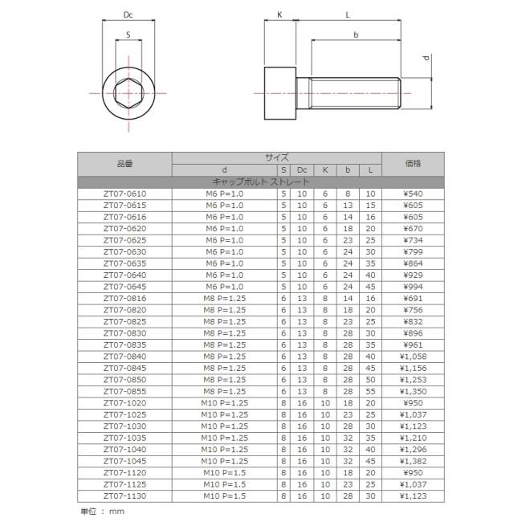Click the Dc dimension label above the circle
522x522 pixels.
click(x=128, y=14)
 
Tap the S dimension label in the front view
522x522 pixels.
click(x=128, y=35)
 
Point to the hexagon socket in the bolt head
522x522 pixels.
click(x=128, y=93)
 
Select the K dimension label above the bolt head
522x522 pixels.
click(x=279, y=14)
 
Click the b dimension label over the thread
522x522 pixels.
click(x=356, y=35)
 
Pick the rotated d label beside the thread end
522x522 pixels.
click(x=426, y=59)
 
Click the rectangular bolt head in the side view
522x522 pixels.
click(x=280, y=93)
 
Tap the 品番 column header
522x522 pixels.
click(x=124, y=164)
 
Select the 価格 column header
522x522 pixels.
click(x=413, y=163)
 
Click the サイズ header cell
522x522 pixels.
click(x=276, y=157)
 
